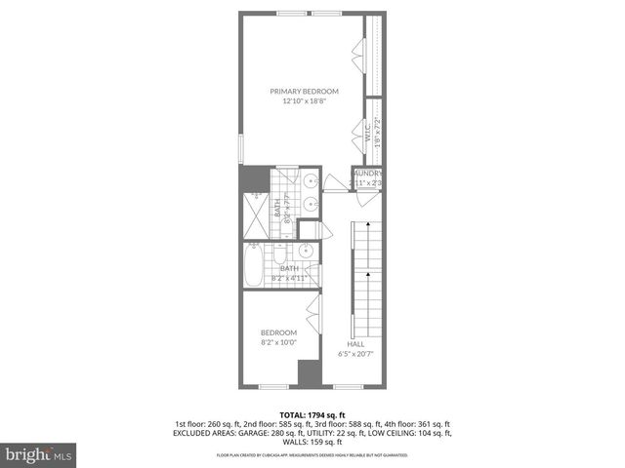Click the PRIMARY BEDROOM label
pos(304,91)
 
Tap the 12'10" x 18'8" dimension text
pos(304,100)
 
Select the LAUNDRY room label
pos(369,174)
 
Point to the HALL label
pos(354,343)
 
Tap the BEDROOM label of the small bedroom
pos(278,332)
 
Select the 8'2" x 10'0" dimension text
pos(278,342)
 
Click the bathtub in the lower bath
pos(253,264)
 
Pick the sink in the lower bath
pos(306,251)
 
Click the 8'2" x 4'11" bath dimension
pos(289,278)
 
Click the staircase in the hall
pos(363,278)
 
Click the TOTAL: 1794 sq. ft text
pos(312,415)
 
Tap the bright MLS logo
pos(37,454)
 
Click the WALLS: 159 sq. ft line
pos(312,442)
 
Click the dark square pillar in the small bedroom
pos(309,373)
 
